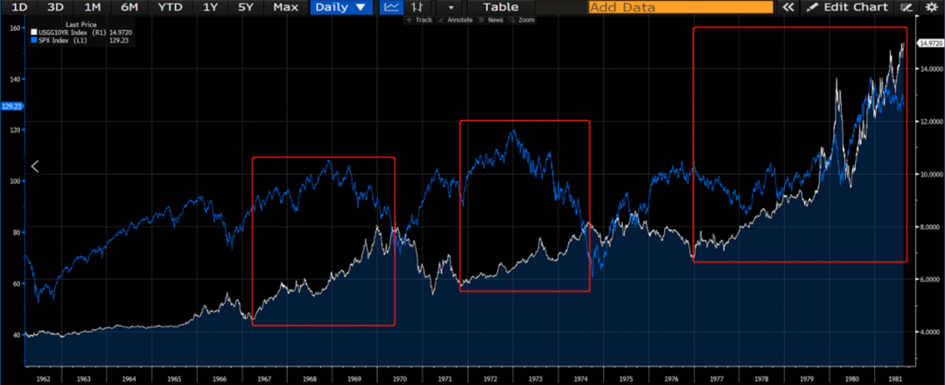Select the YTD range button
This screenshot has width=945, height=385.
[x=171, y=7]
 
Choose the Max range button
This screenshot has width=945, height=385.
[x=285, y=7]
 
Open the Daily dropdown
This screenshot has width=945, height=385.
[x=341, y=7]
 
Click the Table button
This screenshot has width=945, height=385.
[x=500, y=7]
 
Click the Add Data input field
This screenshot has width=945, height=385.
[x=681, y=7]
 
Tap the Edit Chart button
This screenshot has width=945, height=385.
[x=847, y=7]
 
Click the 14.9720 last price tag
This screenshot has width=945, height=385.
[x=928, y=42]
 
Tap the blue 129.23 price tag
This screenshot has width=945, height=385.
[x=11, y=106]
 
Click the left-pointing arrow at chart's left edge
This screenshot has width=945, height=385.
[x=35, y=166]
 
